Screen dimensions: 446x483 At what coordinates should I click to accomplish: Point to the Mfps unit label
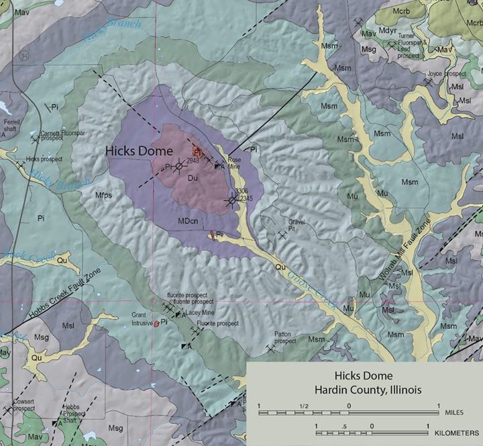(105, 195)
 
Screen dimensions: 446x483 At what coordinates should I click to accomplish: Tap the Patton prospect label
(285, 337)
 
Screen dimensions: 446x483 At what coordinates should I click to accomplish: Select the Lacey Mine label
(199, 313)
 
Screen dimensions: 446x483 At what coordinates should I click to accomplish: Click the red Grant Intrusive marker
(156, 324)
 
